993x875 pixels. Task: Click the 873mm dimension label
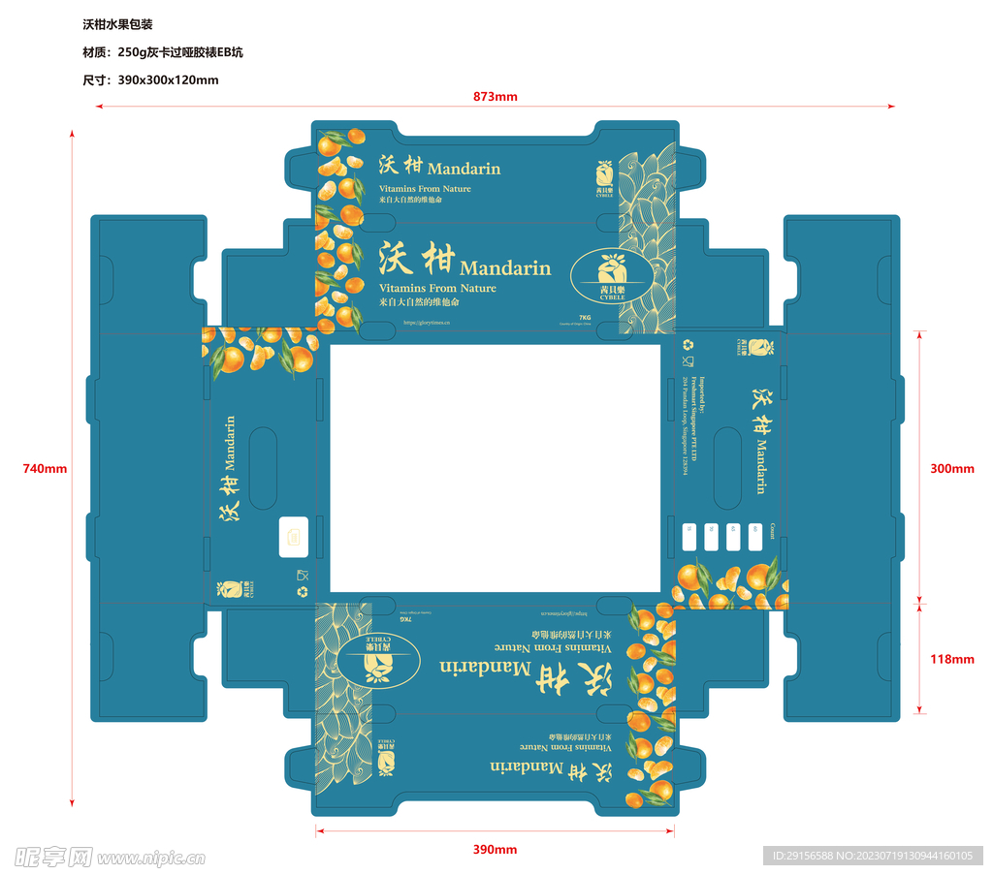coord(495,96)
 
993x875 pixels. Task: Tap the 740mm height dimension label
coord(45,469)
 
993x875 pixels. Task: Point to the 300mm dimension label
coord(951,469)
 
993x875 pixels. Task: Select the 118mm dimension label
coord(951,659)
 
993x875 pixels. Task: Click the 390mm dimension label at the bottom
coord(495,850)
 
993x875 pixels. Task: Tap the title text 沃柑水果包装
coord(117,24)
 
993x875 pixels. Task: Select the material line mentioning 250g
coord(156,52)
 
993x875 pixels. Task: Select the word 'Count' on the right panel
coord(772,530)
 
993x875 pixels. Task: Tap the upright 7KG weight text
coord(585,318)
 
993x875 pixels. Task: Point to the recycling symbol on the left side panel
coord(303,590)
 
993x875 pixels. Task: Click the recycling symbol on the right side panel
coord(689,344)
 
